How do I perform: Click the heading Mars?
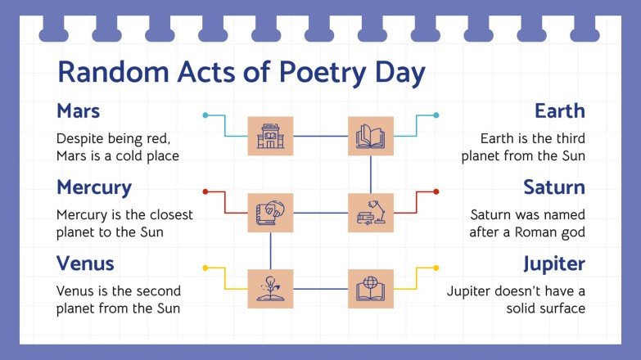(x=79, y=110)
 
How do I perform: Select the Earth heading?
(x=560, y=110)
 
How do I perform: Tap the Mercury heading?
(x=94, y=187)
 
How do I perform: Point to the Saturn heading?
(x=554, y=187)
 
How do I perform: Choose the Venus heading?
(x=85, y=263)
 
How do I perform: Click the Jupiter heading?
(x=554, y=263)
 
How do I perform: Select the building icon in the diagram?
(x=270, y=137)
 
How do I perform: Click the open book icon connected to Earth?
(x=371, y=137)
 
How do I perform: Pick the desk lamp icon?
(x=371, y=213)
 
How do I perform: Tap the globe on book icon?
(x=371, y=289)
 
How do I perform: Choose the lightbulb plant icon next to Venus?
(x=270, y=289)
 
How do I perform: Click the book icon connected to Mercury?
(x=270, y=213)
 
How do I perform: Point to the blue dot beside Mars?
(x=205, y=115)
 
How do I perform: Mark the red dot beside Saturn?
(x=436, y=191)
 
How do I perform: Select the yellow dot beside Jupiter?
(x=436, y=268)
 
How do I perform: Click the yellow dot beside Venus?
(x=205, y=268)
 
